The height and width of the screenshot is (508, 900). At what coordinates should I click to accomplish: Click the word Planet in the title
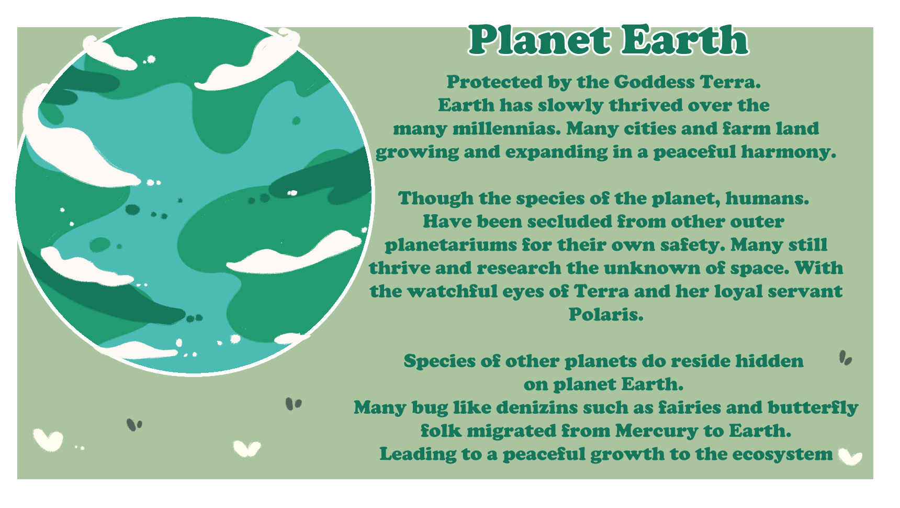[x=539, y=40]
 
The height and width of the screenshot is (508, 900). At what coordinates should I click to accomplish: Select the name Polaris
[x=606, y=314]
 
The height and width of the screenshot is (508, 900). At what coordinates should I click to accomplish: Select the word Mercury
[x=657, y=431]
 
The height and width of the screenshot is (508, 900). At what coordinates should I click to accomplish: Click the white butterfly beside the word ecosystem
[x=850, y=456]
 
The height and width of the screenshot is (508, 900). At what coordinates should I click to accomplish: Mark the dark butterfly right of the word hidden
[x=846, y=358]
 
